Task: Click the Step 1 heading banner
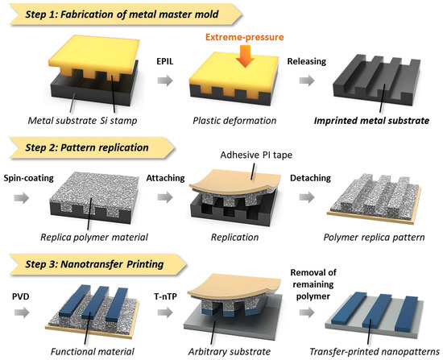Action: (x=121, y=14)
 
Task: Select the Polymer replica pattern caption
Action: (x=373, y=238)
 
